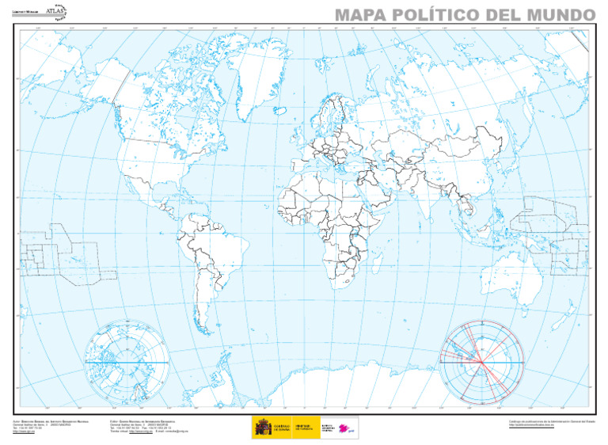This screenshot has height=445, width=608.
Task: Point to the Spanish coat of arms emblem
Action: point(262,428)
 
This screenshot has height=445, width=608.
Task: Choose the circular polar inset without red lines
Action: point(127,360)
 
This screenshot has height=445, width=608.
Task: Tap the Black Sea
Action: point(360,154)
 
